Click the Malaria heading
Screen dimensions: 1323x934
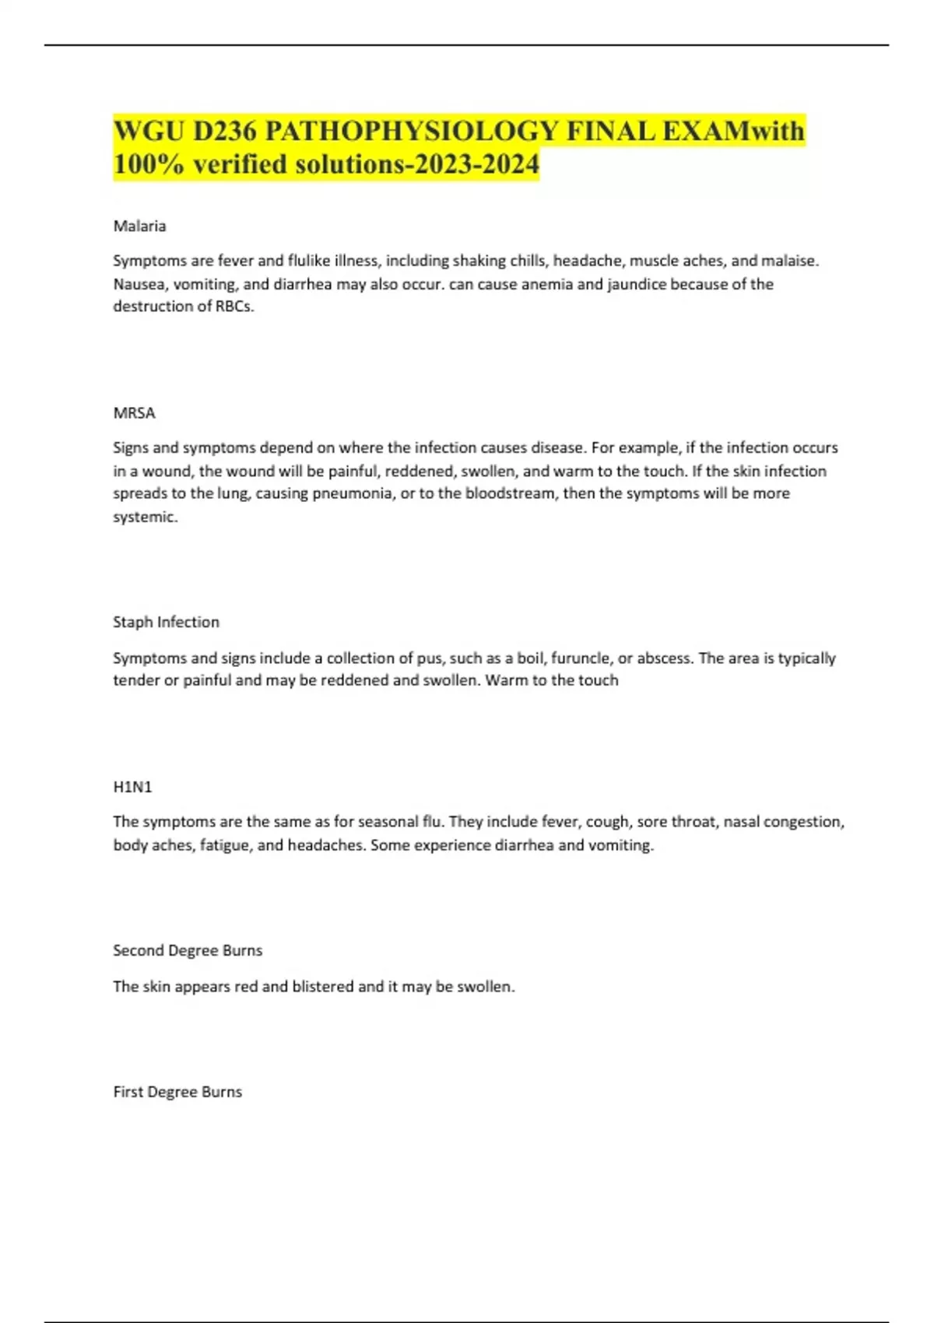tap(139, 226)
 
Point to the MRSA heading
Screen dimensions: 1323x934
tap(134, 412)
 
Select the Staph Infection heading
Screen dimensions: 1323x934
tap(166, 622)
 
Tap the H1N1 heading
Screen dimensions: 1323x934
tap(132, 787)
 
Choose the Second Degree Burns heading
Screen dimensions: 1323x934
tap(188, 950)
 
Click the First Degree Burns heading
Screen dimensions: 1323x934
tap(177, 1092)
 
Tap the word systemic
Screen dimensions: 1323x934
tap(145, 517)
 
